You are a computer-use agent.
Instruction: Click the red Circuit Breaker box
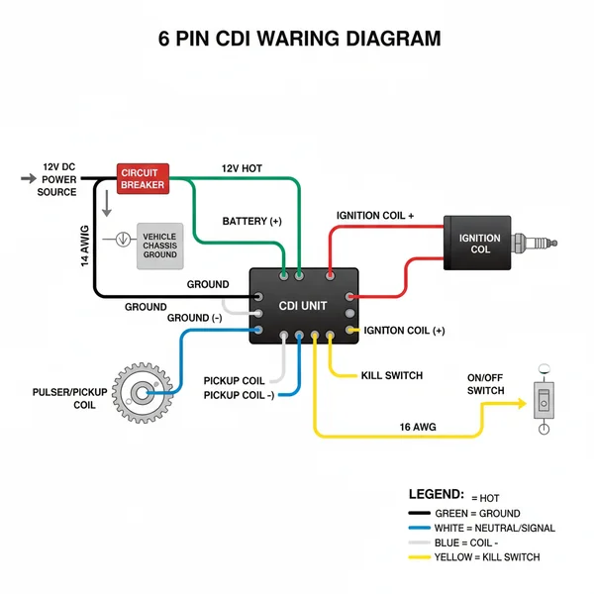click(143, 178)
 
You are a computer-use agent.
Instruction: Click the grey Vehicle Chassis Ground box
click(159, 246)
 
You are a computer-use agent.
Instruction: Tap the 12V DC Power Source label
click(58, 179)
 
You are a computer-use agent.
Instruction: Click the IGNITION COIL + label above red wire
click(375, 215)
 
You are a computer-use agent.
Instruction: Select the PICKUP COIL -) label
click(239, 396)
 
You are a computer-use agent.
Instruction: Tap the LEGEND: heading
click(436, 493)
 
